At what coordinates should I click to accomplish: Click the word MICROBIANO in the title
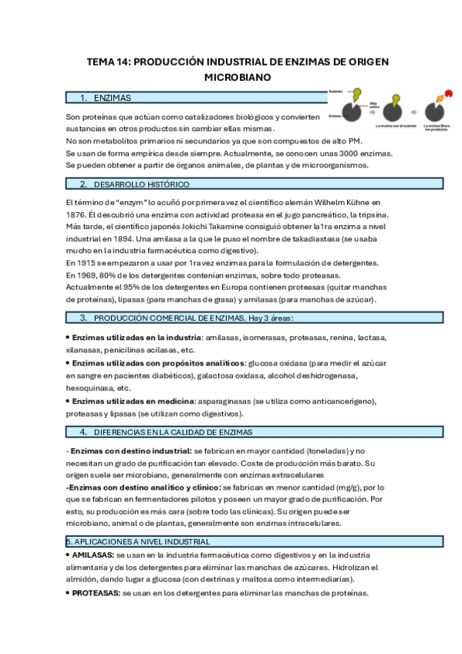238,78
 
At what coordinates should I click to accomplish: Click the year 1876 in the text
76,214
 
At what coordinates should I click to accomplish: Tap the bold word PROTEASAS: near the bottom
96,593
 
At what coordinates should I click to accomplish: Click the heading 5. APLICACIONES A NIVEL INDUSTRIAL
138,542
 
